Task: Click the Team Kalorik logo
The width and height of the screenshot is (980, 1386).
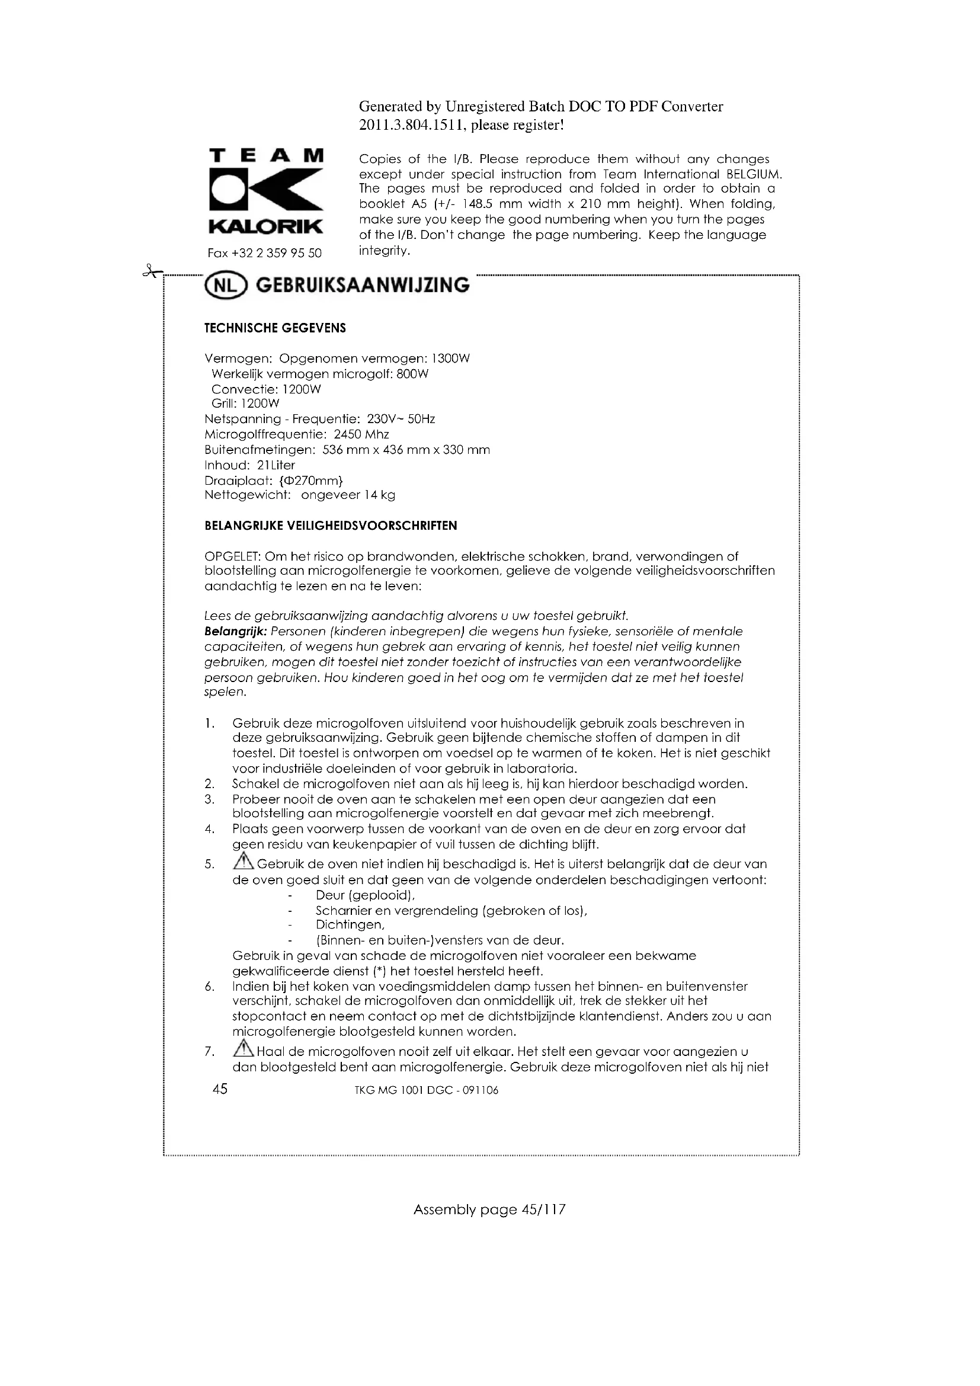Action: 265,192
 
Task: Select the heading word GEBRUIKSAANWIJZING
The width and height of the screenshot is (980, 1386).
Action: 363,286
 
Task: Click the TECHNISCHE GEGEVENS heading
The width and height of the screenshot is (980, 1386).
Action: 275,328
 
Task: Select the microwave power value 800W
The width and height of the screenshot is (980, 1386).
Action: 412,374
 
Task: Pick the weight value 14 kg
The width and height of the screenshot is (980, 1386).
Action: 380,495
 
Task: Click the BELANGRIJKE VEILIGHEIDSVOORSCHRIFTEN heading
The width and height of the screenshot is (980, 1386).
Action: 331,526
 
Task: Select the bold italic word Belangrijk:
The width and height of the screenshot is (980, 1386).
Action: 235,632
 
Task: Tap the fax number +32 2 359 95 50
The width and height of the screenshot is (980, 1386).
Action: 276,253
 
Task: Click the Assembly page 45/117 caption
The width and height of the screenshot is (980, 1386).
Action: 489,1209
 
